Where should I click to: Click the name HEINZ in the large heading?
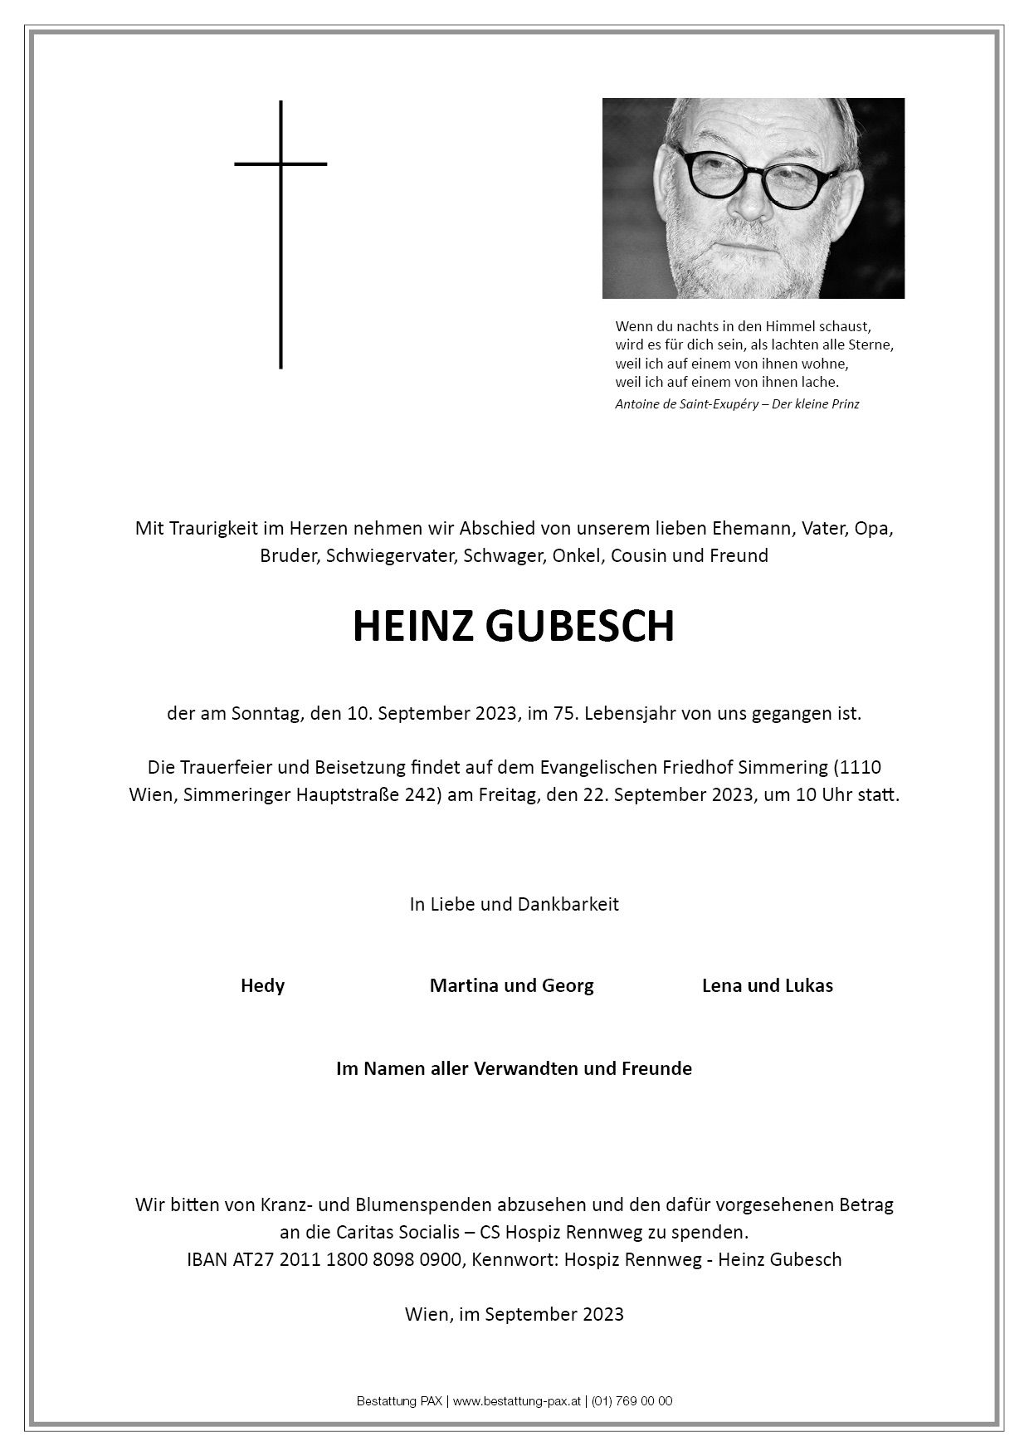(413, 627)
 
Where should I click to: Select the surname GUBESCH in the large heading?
(580, 627)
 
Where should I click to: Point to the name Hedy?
(262, 985)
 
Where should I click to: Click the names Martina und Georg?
(511, 985)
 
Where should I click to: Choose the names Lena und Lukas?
(767, 985)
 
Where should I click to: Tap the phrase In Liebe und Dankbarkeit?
(514, 904)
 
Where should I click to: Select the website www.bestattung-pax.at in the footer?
(515, 1401)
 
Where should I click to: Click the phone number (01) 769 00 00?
(632, 1401)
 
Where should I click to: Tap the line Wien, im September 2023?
(514, 1314)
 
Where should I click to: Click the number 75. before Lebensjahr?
(565, 714)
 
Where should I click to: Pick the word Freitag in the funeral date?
(505, 794)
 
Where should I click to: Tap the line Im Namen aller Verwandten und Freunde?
(514, 1068)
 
